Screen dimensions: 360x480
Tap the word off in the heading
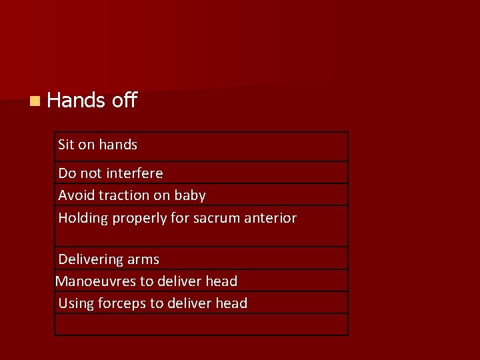125,100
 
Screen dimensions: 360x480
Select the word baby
190,195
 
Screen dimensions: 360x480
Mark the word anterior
272,218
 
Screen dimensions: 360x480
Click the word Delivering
91,259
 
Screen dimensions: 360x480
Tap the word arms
143,259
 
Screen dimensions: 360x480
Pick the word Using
76,304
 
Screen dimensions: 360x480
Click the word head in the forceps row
231,303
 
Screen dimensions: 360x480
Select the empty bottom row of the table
201,324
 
